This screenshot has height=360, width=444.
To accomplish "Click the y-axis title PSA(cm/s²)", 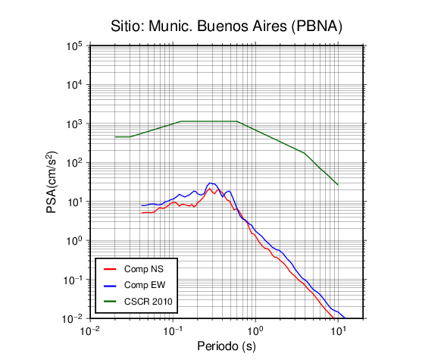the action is click(52, 182).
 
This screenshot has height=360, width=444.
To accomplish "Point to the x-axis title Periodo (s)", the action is click(227, 346).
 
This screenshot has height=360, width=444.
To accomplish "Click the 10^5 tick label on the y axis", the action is click(74, 46).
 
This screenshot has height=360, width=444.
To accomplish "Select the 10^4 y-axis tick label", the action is click(74, 85).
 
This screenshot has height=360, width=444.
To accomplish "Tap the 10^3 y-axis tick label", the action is click(74, 124).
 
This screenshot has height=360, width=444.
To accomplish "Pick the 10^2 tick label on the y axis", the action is click(74, 163).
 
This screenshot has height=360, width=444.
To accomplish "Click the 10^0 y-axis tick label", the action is click(74, 240).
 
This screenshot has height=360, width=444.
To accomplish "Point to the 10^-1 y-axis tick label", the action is click(73, 280).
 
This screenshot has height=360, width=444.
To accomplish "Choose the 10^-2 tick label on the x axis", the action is click(90, 330).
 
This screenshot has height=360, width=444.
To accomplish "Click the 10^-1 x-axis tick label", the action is click(173, 330).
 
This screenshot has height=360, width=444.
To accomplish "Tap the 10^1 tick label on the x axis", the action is click(338, 330).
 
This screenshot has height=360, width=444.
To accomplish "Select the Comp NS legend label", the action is click(144, 269).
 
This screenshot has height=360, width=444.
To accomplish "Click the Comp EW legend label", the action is click(145, 285).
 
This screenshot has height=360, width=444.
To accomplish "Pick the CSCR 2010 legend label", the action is click(148, 302).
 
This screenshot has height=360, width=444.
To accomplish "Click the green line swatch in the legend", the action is click(110, 302).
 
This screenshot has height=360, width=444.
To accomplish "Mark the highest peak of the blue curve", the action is click(210, 183).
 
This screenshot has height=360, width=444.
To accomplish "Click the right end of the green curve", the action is click(338, 185).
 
